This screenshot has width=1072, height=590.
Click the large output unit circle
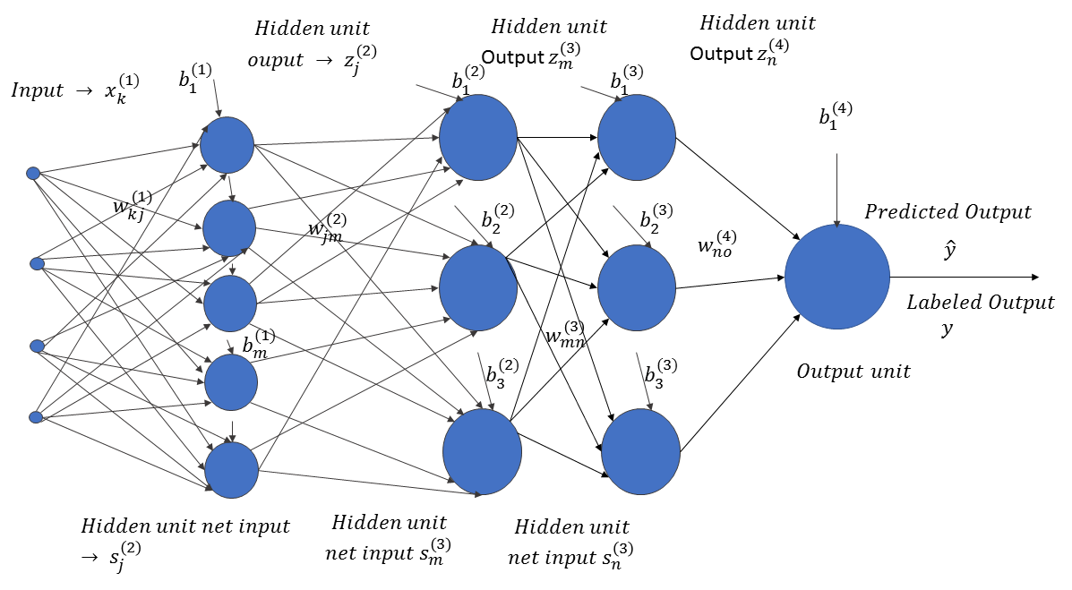click(836, 277)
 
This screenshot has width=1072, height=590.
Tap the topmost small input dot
click(33, 173)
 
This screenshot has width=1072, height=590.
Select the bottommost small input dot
click(36, 417)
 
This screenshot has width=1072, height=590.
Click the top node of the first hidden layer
click(227, 145)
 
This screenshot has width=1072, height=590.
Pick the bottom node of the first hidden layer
click(232, 470)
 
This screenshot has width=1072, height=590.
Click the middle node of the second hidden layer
click(478, 287)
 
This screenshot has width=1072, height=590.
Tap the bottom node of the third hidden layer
click(640, 452)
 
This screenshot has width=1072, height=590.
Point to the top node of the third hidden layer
click(637, 137)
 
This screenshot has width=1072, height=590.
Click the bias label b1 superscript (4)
click(836, 115)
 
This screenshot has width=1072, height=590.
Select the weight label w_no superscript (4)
click(717, 244)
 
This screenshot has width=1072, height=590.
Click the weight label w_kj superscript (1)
click(133, 204)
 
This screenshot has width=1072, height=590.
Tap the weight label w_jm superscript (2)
click(327, 227)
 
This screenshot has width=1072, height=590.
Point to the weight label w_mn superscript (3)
click(565, 334)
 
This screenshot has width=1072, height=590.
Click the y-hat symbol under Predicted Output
click(949, 250)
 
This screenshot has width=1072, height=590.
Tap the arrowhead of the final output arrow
click(1034, 277)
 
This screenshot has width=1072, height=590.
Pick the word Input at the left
click(38, 90)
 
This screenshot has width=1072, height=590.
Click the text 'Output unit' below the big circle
click(853, 372)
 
